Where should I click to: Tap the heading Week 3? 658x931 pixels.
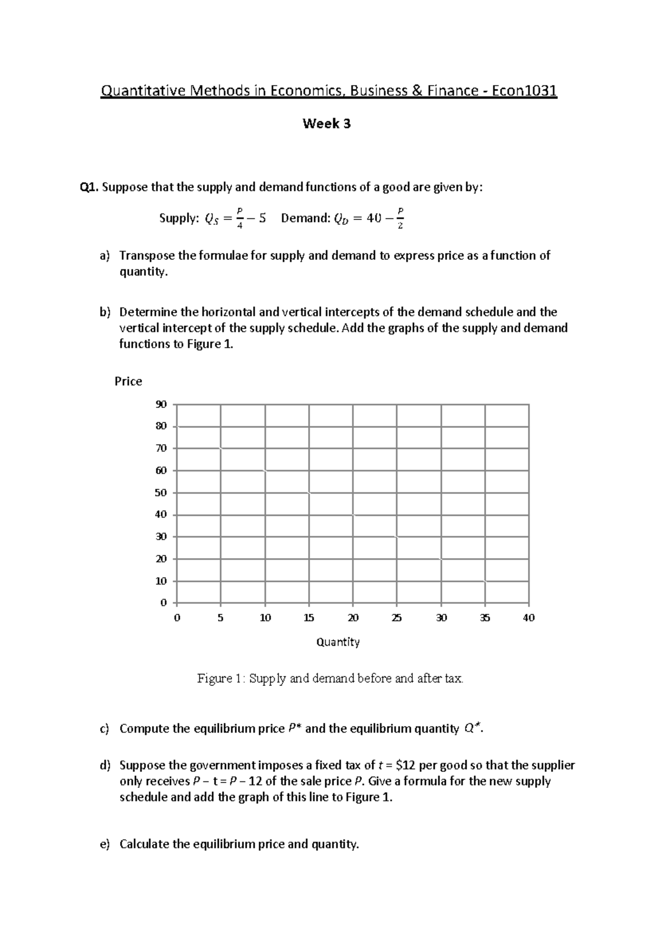click(327, 124)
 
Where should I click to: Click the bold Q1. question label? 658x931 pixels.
click(89, 188)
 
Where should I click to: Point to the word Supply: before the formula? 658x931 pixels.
click(179, 218)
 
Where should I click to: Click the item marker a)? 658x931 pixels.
click(105, 256)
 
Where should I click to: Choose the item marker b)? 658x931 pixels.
click(105, 313)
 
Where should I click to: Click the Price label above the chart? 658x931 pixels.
click(128, 382)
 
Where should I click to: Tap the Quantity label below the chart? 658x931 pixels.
click(338, 642)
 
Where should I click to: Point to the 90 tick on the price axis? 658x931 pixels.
click(161, 405)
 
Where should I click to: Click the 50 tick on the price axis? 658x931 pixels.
click(161, 493)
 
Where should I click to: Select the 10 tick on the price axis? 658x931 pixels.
click(161, 581)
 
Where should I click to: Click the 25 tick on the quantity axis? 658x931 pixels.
click(396, 618)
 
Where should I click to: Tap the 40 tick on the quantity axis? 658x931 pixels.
click(529, 618)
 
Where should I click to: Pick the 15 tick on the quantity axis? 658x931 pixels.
click(309, 618)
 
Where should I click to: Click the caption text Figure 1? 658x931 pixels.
click(222, 679)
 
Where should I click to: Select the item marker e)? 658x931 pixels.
click(105, 844)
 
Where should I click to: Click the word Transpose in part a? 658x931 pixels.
click(147, 256)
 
